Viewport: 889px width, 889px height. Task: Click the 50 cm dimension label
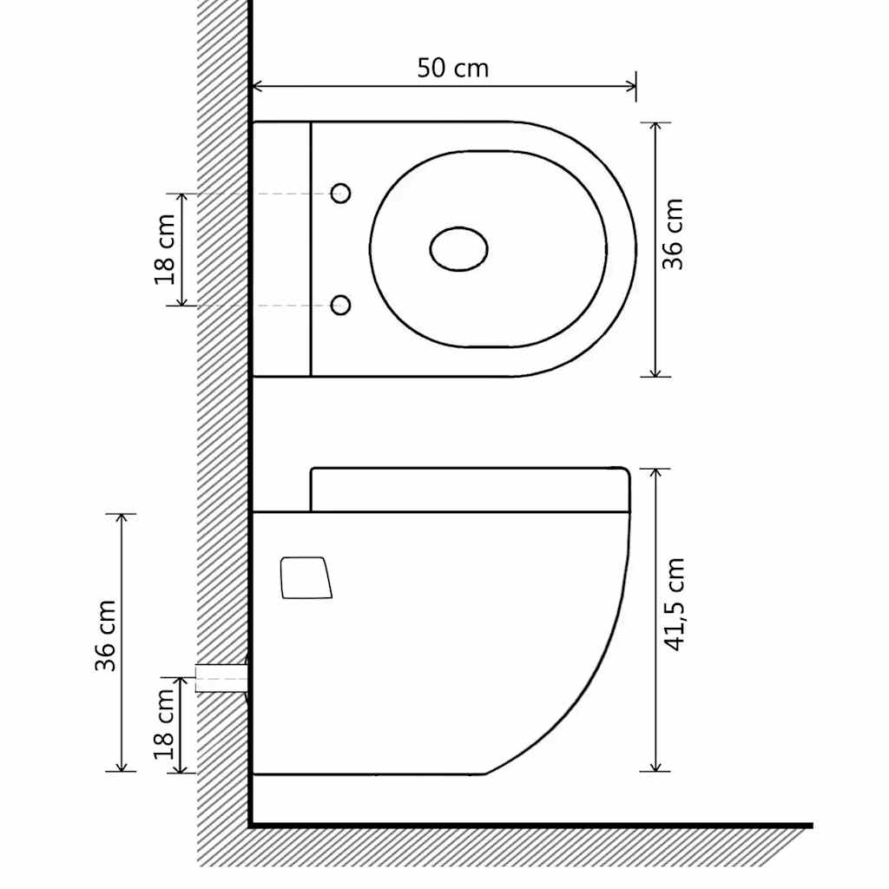[x=452, y=68]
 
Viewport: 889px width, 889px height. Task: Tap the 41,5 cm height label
[x=675, y=605]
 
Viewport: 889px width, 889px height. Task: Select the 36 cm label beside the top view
[x=674, y=234]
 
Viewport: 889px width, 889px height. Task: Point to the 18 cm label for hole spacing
[x=165, y=248]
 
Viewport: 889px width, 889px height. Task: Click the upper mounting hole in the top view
[x=341, y=194]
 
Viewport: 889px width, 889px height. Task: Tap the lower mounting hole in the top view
[x=341, y=305]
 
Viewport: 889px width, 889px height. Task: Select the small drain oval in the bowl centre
[x=458, y=248]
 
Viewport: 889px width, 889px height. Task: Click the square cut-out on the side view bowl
[x=306, y=577]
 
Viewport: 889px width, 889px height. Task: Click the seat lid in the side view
[x=469, y=490]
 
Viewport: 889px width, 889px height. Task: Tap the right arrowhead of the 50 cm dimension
[x=631, y=86]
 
